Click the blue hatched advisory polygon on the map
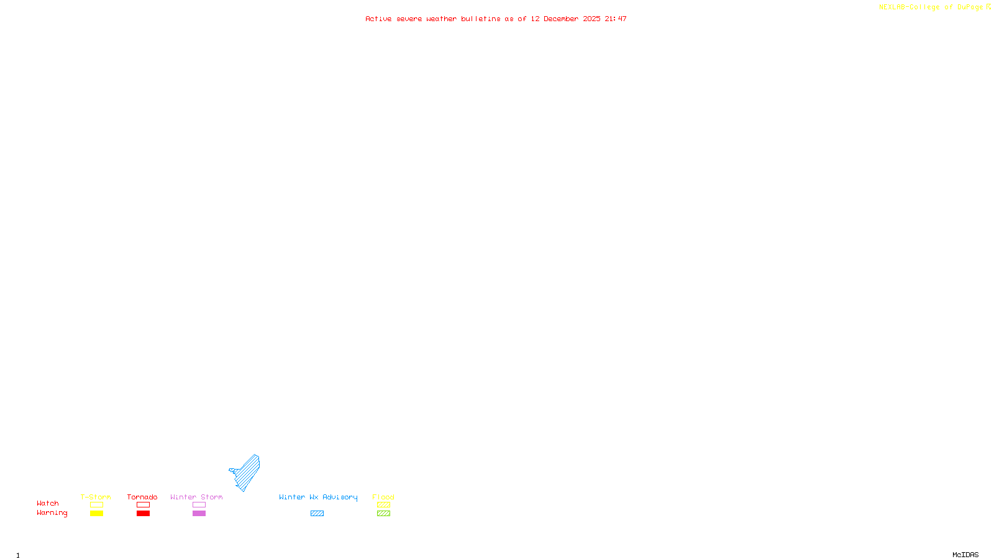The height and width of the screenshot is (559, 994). [x=248, y=472]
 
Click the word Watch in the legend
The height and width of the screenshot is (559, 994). [x=48, y=503]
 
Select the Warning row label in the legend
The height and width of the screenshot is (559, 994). [x=52, y=513]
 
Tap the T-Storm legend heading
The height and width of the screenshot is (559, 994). [x=96, y=497]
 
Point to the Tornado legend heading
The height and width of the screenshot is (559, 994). [x=142, y=497]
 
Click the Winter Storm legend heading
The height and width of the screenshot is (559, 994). [x=196, y=497]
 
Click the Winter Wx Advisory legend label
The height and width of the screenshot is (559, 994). [x=318, y=497]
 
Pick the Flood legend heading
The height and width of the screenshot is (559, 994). [x=383, y=497]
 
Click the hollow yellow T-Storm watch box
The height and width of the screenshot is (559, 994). [x=96, y=505]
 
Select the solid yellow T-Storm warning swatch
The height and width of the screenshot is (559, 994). [x=96, y=514]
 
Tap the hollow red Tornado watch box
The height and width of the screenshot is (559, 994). [x=143, y=505]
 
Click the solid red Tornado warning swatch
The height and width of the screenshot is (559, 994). [x=143, y=514]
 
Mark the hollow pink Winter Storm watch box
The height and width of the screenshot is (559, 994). [x=199, y=505]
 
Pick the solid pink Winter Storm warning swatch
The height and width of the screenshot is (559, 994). [x=199, y=514]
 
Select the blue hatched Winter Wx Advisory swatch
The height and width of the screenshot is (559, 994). [x=317, y=514]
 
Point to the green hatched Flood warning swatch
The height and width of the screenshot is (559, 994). [x=383, y=514]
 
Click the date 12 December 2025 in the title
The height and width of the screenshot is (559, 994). [x=565, y=19]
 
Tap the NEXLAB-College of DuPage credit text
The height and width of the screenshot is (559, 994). [x=931, y=7]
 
